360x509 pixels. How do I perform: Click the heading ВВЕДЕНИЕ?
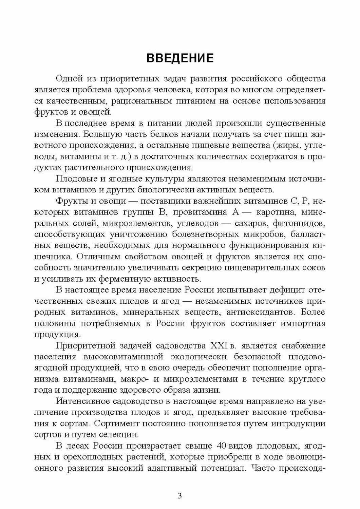pos(180,58)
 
